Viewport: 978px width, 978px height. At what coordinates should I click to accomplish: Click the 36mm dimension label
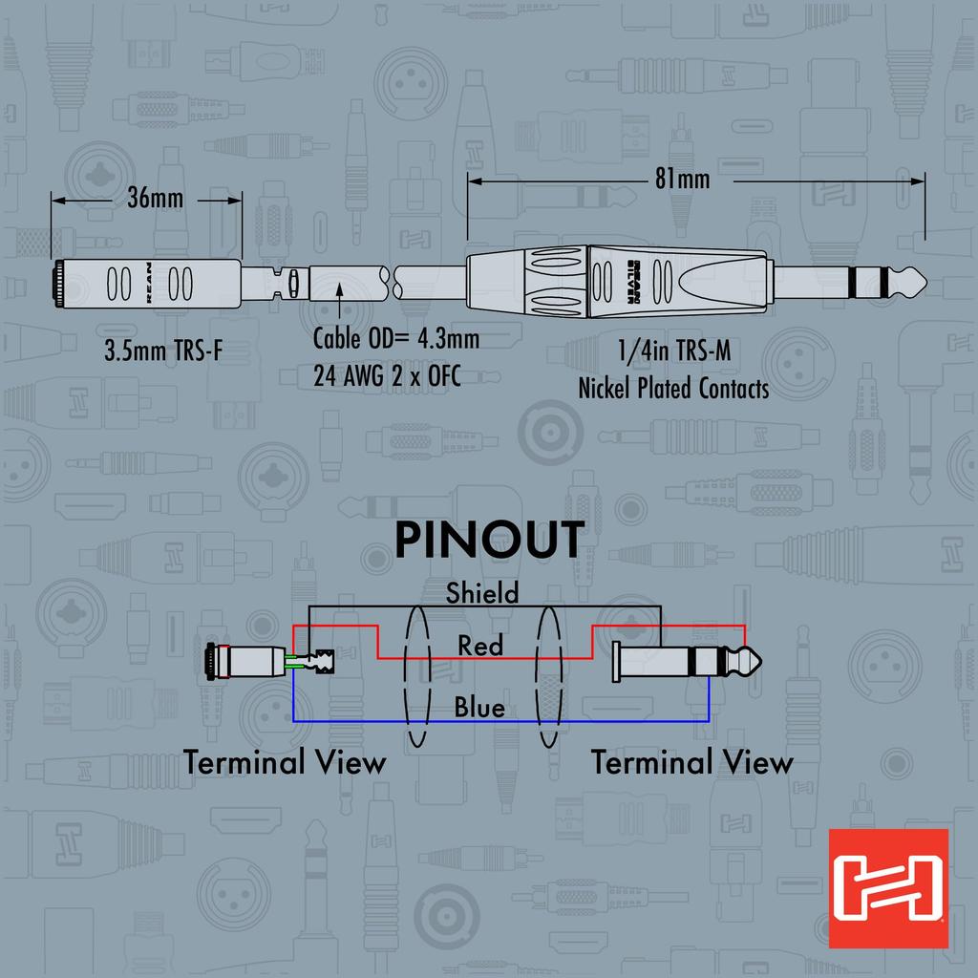pos(156,199)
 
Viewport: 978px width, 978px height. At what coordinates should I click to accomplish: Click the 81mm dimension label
pos(682,180)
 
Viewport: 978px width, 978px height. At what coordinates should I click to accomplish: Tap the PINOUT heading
pos(490,540)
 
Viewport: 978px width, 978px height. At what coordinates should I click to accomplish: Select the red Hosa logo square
pos(888,888)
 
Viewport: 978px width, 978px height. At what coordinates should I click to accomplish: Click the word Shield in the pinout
pos(482,592)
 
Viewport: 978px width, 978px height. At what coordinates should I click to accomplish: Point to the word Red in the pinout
pos(480,646)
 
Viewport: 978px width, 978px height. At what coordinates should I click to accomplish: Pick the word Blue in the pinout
pos(479,708)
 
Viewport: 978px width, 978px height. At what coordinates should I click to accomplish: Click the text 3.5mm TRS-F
pos(163,351)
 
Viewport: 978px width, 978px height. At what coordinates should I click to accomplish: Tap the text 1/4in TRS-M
pos(673,351)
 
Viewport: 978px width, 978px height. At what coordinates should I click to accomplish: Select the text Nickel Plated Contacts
pos(673,389)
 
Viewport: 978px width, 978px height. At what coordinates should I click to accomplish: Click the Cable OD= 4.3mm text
pos(396,339)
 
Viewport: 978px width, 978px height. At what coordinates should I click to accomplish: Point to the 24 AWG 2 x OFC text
pos(388,376)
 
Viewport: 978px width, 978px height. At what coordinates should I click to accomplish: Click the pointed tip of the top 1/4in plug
pos(926,283)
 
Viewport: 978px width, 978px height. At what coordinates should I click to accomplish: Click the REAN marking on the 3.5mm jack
pos(148,283)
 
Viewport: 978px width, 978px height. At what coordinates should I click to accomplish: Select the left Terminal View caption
pos(285,762)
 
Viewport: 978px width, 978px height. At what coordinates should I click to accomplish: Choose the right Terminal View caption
pos(692,762)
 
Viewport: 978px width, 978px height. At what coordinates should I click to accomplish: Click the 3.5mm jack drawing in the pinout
pos(269,662)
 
